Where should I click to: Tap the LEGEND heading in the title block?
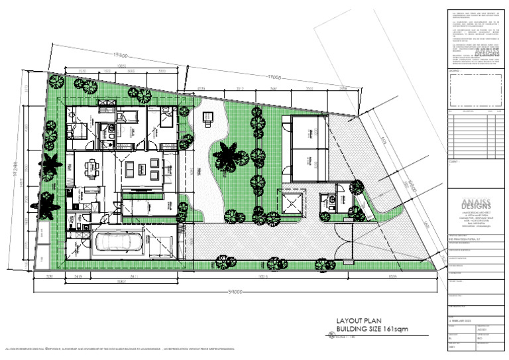tap(454, 70)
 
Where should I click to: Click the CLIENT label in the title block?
tap(454, 160)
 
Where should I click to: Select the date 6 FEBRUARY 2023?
tap(462, 320)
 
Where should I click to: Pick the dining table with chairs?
tap(92, 170)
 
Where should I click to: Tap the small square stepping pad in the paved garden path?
tap(207, 117)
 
